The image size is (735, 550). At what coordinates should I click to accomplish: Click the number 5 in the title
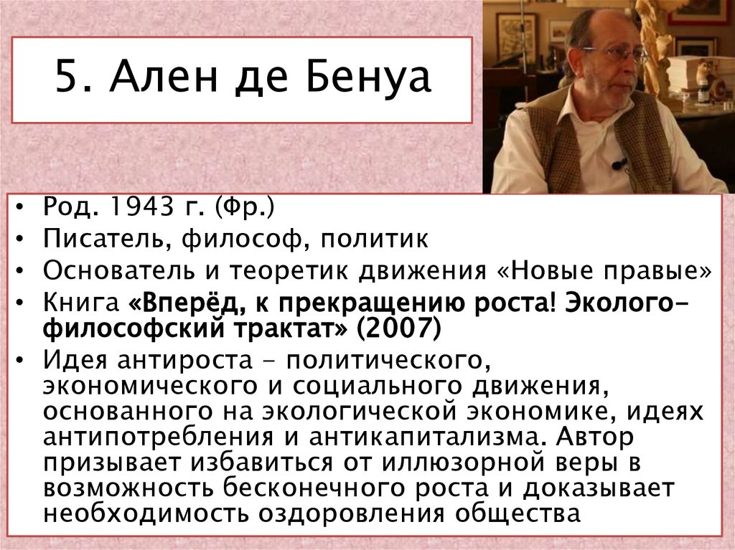[65, 79]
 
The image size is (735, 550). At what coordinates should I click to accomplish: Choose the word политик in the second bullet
[374, 239]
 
